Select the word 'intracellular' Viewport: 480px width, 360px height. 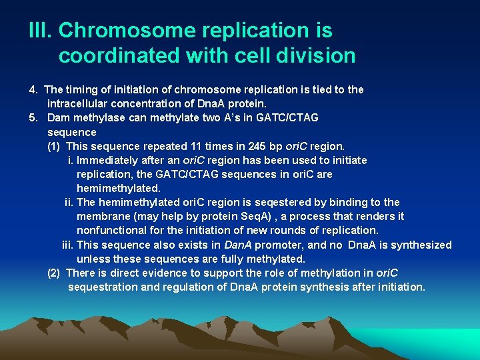point(79,104)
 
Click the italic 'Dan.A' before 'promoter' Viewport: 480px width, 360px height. point(238,245)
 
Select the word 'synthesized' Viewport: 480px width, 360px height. point(421,245)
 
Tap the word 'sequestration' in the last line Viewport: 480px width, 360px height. point(102,287)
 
